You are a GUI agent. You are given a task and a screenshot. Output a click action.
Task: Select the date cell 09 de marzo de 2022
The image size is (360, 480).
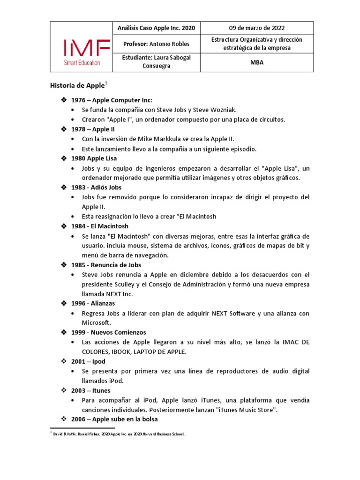coord(256,28)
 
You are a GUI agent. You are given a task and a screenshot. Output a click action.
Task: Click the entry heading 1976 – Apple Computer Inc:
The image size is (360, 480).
coord(112,100)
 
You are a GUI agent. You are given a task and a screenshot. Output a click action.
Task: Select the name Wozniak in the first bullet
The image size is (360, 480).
coord(224,110)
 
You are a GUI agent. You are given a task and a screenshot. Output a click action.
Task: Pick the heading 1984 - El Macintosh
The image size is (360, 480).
coord(99,226)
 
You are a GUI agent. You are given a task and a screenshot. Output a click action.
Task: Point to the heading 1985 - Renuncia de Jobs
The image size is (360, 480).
coord(106,265)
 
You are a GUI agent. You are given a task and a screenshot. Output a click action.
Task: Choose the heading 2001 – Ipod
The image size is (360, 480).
coord(88,361)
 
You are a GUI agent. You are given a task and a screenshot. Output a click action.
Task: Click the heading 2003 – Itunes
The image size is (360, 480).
coord(91,390)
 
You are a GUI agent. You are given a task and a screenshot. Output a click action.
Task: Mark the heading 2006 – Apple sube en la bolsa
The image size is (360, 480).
coord(114,419)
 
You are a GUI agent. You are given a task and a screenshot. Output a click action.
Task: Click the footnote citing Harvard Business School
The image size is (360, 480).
coord(120,435)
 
